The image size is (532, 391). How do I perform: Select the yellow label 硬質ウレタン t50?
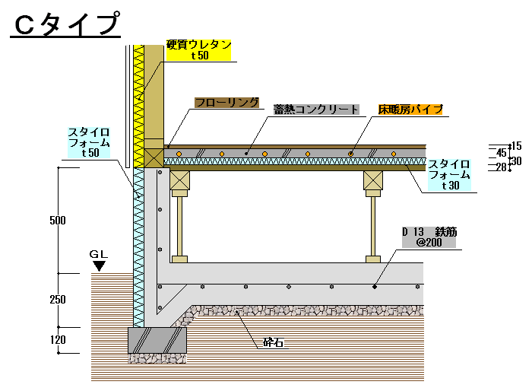click(199, 49)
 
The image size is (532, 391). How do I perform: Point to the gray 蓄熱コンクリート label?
click(316, 109)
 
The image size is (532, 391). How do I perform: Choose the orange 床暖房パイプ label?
click(410, 109)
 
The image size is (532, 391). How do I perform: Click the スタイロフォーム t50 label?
click(90, 142)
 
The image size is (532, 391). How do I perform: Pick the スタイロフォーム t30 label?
click(449, 174)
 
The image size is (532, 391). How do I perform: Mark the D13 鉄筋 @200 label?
click(430, 237)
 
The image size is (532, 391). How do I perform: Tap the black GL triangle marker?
click(99, 265)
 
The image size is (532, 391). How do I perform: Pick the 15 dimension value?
click(516, 145)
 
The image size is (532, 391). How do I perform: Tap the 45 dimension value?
click(501, 153)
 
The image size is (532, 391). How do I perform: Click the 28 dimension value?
click(501, 167)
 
